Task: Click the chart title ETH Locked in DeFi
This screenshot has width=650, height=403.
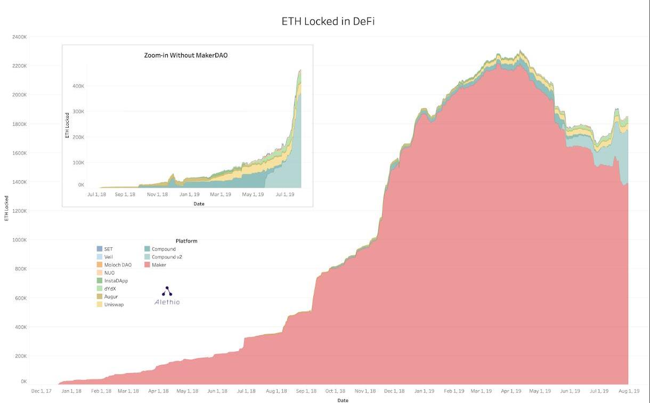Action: click(324, 22)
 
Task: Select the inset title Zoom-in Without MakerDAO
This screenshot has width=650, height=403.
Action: click(186, 55)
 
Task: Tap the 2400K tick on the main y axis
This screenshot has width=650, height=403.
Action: click(19, 37)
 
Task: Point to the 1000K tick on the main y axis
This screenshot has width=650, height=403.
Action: click(19, 240)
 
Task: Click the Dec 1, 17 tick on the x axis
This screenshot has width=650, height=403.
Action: click(41, 391)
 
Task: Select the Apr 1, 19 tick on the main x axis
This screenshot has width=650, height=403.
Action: click(511, 391)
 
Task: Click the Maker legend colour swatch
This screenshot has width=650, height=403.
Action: click(147, 265)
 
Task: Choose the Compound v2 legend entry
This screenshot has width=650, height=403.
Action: click(167, 257)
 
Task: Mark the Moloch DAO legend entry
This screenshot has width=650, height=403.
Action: click(118, 265)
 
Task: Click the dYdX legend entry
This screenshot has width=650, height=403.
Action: click(110, 288)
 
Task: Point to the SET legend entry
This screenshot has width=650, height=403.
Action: click(108, 249)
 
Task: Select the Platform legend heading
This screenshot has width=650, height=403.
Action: click(186, 241)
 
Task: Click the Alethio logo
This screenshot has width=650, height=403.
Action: click(167, 296)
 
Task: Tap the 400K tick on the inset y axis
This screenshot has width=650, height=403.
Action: click(78, 86)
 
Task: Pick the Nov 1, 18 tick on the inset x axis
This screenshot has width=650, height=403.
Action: click(157, 195)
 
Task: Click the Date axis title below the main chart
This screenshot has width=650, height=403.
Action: click(343, 400)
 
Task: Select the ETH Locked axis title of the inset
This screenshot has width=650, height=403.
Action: click(68, 125)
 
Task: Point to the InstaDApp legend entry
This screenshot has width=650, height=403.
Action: click(116, 280)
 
